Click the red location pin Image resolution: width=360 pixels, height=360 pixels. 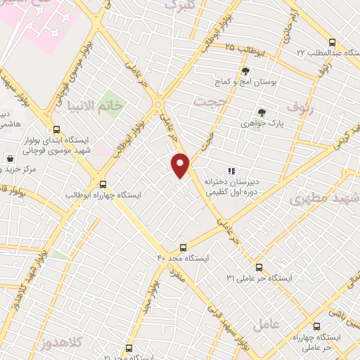pyautogui.click(x=181, y=165)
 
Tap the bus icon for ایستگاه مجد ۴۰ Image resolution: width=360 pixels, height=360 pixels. pyautogui.click(x=183, y=247)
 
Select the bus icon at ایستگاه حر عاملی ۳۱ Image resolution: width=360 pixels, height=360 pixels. pyautogui.click(x=259, y=266)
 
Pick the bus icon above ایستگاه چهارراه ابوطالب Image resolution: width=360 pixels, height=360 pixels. pyautogui.click(x=103, y=183)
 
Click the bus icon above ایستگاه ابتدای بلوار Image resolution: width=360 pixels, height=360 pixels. pyautogui.click(x=56, y=129)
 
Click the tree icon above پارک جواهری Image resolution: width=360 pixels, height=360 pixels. pyautogui.click(x=262, y=112)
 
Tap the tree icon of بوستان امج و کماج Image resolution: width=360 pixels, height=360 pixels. pyautogui.click(x=245, y=71)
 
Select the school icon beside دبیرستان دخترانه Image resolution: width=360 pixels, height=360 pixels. pyautogui.click(x=231, y=170)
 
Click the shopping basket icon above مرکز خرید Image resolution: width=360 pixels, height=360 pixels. pyautogui.click(x=9, y=158)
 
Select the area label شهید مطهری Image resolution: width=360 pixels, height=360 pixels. pyautogui.click(x=323, y=200)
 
